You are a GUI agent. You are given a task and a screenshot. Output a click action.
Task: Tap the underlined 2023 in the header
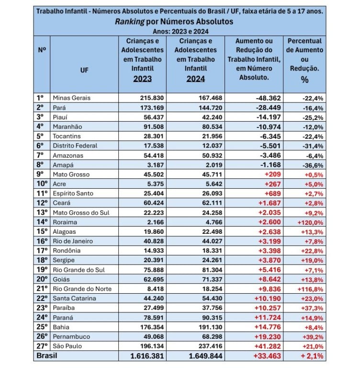point(143,79)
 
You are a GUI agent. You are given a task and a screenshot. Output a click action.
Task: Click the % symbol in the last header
point(304,80)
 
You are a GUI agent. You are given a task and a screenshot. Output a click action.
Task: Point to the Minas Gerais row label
point(71,98)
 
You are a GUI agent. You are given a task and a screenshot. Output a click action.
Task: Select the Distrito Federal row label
point(75,146)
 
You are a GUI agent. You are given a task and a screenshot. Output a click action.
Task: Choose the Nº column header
point(41,50)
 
